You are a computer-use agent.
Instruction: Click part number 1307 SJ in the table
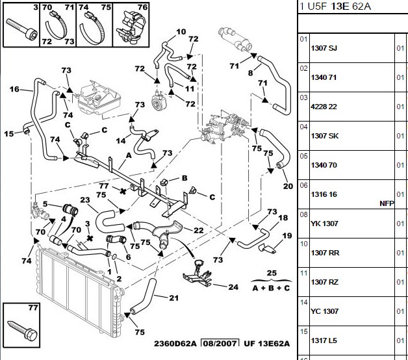pyautogui.click(x=324, y=48)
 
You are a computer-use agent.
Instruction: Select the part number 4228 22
pyautogui.click(x=324, y=107)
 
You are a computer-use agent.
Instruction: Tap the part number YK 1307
pyautogui.click(x=324, y=224)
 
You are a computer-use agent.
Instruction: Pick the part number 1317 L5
pyautogui.click(x=324, y=341)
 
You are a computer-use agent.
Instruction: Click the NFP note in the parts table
pyautogui.click(x=387, y=203)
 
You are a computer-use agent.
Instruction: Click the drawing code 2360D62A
pyautogui.click(x=175, y=344)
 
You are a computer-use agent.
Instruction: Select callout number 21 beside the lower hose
pyautogui.click(x=174, y=298)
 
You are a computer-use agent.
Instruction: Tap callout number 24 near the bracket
pyautogui.click(x=233, y=287)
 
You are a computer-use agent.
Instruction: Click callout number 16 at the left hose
pyautogui.click(x=14, y=89)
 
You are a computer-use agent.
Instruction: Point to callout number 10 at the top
pyautogui.click(x=181, y=32)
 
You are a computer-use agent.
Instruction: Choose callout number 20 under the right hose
pyautogui.click(x=288, y=186)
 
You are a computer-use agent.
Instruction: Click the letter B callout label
pyautogui.click(x=185, y=178)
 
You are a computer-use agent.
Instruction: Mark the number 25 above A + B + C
pyautogui.click(x=272, y=273)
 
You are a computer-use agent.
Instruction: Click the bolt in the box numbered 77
pyautogui.click(x=23, y=330)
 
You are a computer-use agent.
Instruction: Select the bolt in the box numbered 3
pyautogui.click(x=21, y=29)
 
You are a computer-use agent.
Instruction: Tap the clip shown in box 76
pyautogui.click(x=130, y=27)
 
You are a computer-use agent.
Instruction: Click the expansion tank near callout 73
pyautogui.click(x=99, y=99)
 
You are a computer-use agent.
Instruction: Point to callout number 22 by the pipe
pyautogui.click(x=199, y=230)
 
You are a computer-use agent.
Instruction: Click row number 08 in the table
pyautogui.click(x=303, y=214)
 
